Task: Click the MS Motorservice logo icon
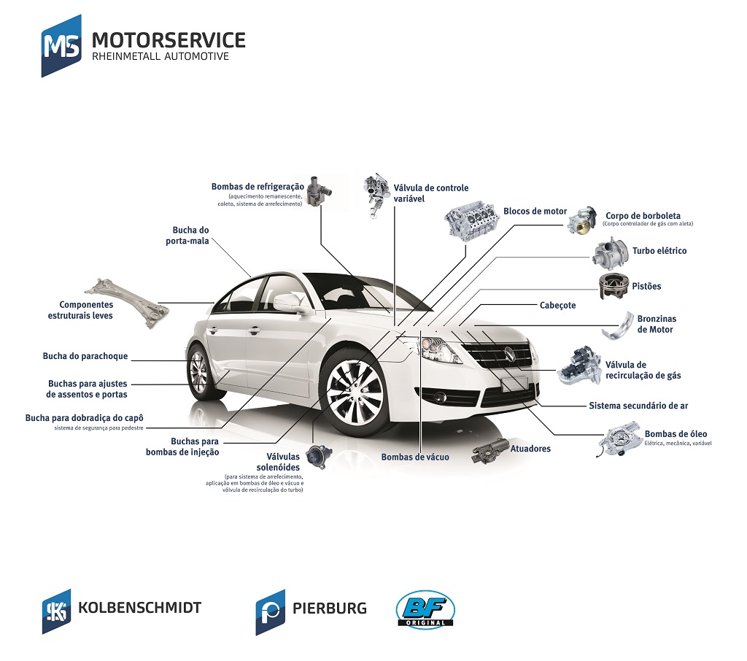pyautogui.click(x=61, y=46)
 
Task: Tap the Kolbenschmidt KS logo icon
pyautogui.click(x=56, y=611)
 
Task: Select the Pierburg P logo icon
pyautogui.click(x=270, y=612)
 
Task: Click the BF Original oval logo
pyautogui.click(x=425, y=608)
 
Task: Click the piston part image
pyautogui.click(x=614, y=285)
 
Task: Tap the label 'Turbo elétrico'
pyautogui.click(x=659, y=251)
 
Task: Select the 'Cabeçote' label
pyautogui.click(x=557, y=305)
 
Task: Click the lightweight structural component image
pyautogui.click(x=127, y=303)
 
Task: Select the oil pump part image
pyautogui.click(x=620, y=439)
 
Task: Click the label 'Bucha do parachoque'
pyautogui.click(x=85, y=356)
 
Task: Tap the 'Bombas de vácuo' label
pyautogui.click(x=415, y=457)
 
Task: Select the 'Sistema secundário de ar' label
pyautogui.click(x=638, y=406)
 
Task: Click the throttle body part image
pyautogui.click(x=583, y=220)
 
